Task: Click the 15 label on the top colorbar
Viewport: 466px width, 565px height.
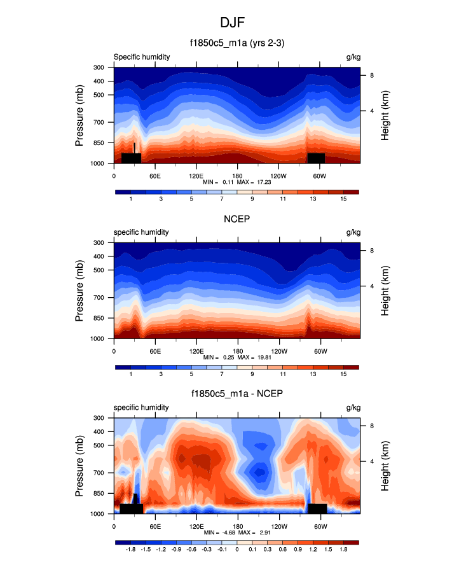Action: coord(343,200)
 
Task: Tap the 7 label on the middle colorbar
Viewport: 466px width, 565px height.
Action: coord(221,375)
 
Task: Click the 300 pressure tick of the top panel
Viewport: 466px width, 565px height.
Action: coord(99,67)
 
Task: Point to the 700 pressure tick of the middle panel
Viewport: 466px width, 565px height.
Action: coord(99,298)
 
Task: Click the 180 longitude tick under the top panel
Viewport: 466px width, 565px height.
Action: coord(236,176)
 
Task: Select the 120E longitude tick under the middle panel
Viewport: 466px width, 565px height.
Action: coord(196,351)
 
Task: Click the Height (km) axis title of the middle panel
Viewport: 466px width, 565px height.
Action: coord(385,291)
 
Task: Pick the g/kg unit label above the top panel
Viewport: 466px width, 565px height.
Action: coord(353,57)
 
